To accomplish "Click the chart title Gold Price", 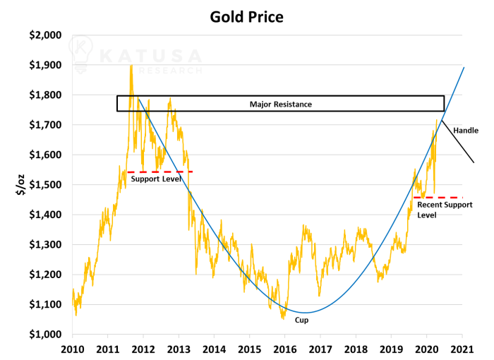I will click(246, 16).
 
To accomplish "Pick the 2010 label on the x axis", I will click(72, 349).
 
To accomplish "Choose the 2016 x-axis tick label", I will click(284, 349).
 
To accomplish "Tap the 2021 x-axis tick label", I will click(462, 349).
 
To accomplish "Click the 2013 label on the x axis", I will click(179, 349).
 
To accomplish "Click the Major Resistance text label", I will click(280, 104).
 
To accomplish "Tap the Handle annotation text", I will click(466, 131).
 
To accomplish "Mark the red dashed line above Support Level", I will click(159, 172).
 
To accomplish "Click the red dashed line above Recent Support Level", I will click(438, 198).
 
